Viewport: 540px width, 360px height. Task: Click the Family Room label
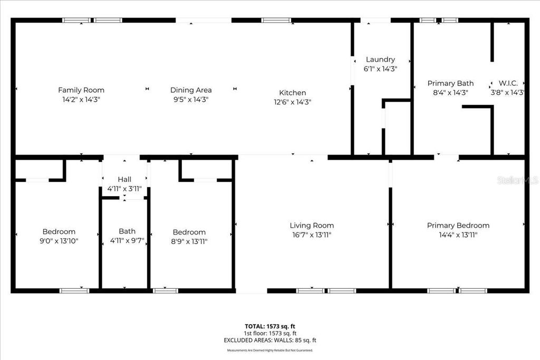coord(81,90)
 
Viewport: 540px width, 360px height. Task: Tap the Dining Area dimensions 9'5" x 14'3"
coord(191,99)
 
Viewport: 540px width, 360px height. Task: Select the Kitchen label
coord(293,93)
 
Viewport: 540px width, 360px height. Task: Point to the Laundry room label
coord(380,60)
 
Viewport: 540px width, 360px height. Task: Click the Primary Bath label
coord(450,83)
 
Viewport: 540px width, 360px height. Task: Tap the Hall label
coord(124,179)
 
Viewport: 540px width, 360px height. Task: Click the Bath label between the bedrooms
coord(127,231)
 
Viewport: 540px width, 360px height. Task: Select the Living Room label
coord(312,226)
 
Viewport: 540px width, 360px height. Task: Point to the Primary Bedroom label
coord(458,226)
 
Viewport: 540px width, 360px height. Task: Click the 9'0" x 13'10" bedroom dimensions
coord(59,241)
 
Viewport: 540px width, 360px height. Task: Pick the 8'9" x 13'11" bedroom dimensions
coord(189,241)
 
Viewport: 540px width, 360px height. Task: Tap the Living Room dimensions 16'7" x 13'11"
coord(312,235)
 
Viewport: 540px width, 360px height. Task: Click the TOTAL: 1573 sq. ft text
coord(269,326)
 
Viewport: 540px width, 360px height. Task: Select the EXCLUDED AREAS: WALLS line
coord(269,340)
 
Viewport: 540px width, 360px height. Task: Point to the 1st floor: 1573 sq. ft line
coord(269,333)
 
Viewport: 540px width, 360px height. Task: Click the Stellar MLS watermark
coord(519,180)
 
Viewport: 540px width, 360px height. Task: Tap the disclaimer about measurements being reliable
coord(269,351)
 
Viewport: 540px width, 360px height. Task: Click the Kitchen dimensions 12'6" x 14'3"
coord(293,102)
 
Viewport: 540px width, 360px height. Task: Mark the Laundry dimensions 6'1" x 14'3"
coord(380,69)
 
